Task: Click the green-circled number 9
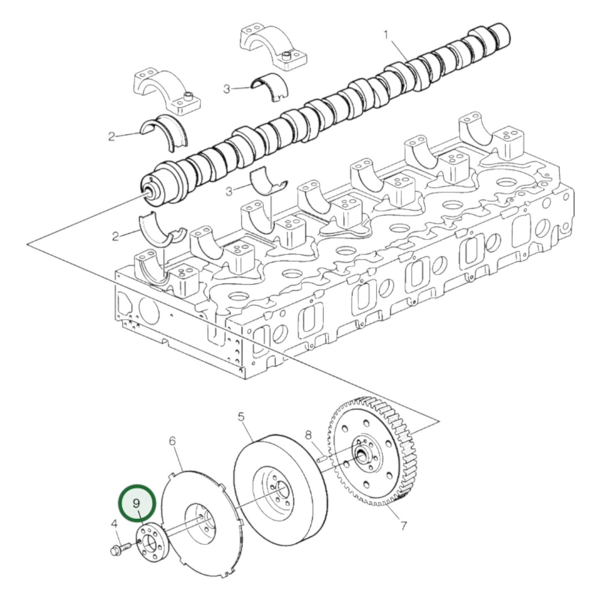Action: tap(137, 503)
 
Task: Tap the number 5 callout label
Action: tap(241, 416)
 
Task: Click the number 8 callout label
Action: tap(308, 435)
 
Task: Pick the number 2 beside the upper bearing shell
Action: tap(111, 136)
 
